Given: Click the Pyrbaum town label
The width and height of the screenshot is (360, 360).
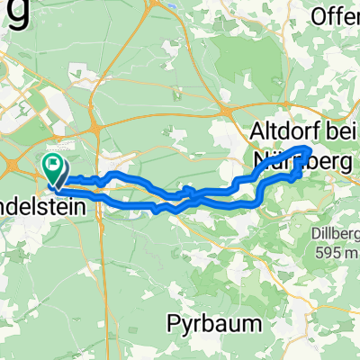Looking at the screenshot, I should click(x=211, y=322).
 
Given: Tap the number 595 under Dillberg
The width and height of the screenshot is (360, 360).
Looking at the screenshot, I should click(x=325, y=254).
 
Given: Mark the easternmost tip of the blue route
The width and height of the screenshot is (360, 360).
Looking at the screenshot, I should click(x=311, y=148).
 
